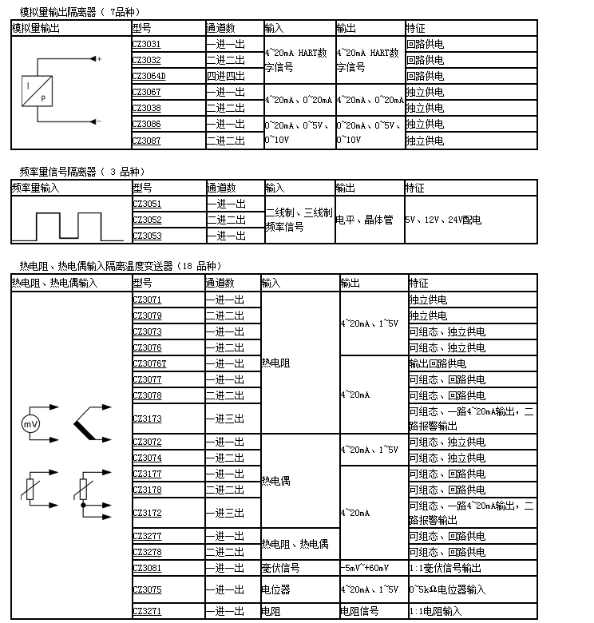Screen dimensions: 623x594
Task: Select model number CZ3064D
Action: (x=148, y=77)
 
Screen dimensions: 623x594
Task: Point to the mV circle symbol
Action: (x=30, y=424)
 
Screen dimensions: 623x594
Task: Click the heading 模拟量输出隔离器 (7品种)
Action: (x=78, y=13)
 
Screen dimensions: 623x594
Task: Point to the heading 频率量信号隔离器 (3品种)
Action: (x=81, y=172)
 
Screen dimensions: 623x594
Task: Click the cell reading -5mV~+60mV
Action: (x=365, y=569)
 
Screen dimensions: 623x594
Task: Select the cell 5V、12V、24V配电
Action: (x=443, y=220)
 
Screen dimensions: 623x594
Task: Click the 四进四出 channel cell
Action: (x=226, y=77)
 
